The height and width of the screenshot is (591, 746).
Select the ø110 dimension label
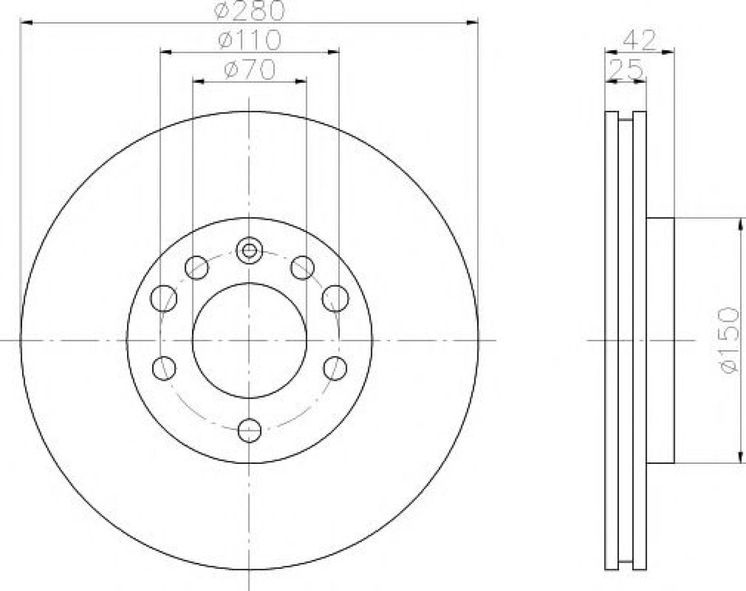[249, 40]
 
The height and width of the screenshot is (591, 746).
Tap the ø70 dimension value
[249, 69]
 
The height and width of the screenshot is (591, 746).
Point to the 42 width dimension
[639, 40]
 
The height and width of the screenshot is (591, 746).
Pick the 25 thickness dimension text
[626, 69]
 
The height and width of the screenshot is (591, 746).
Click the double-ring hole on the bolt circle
[249, 250]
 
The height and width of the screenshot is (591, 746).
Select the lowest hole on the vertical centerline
[249, 431]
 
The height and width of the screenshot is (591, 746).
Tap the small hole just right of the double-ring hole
[302, 268]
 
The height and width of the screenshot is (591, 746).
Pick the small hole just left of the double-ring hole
[196, 268]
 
